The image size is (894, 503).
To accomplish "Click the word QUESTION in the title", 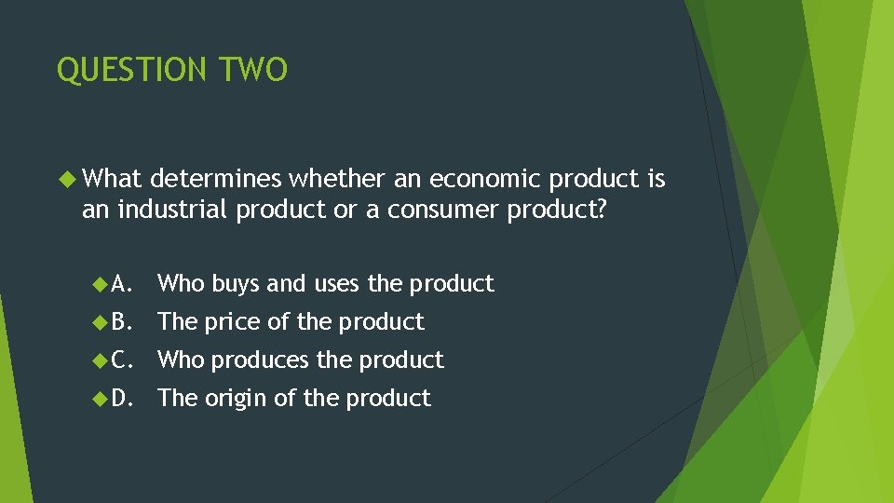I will click(133, 70).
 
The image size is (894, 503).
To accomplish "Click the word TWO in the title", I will click(253, 70).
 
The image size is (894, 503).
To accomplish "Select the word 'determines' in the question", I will click(216, 178).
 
